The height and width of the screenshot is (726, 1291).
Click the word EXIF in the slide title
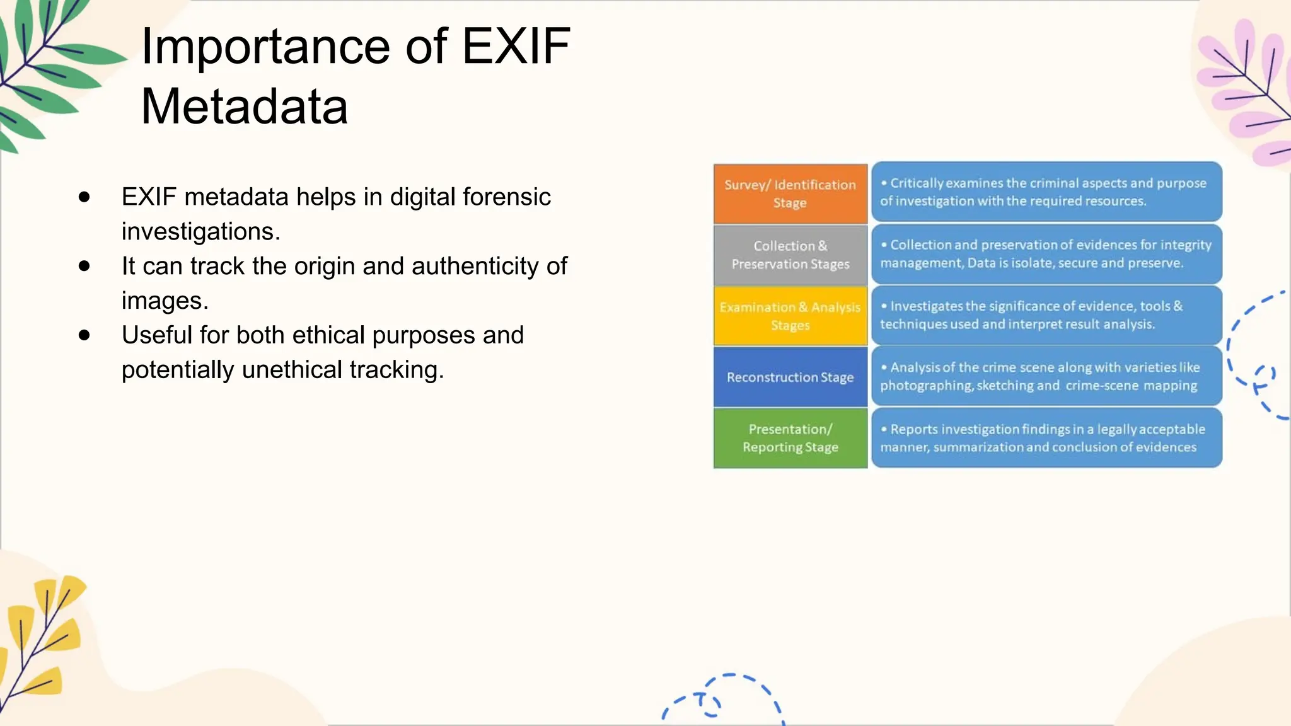pos(516,47)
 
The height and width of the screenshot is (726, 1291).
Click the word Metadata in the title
pos(245,107)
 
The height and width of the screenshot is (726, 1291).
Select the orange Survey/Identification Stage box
pos(790,194)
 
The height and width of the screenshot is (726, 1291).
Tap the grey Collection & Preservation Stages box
pos(790,255)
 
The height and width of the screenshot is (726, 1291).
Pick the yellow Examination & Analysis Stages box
pos(790,316)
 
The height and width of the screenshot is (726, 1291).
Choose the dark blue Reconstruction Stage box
pos(790,377)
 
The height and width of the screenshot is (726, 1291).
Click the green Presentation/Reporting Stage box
pos(790,438)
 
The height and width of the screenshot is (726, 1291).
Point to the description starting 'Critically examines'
pos(1046,192)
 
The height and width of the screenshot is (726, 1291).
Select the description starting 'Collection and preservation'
pos(1046,254)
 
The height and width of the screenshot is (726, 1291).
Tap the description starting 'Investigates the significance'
pos(1046,315)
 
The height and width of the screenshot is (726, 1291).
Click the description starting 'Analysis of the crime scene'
pos(1046,376)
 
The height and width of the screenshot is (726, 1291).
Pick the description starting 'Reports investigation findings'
pos(1046,438)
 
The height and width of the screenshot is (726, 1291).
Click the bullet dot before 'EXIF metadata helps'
pos(84,197)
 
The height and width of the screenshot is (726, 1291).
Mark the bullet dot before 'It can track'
pos(84,266)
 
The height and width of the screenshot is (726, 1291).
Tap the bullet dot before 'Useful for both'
pos(84,335)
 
